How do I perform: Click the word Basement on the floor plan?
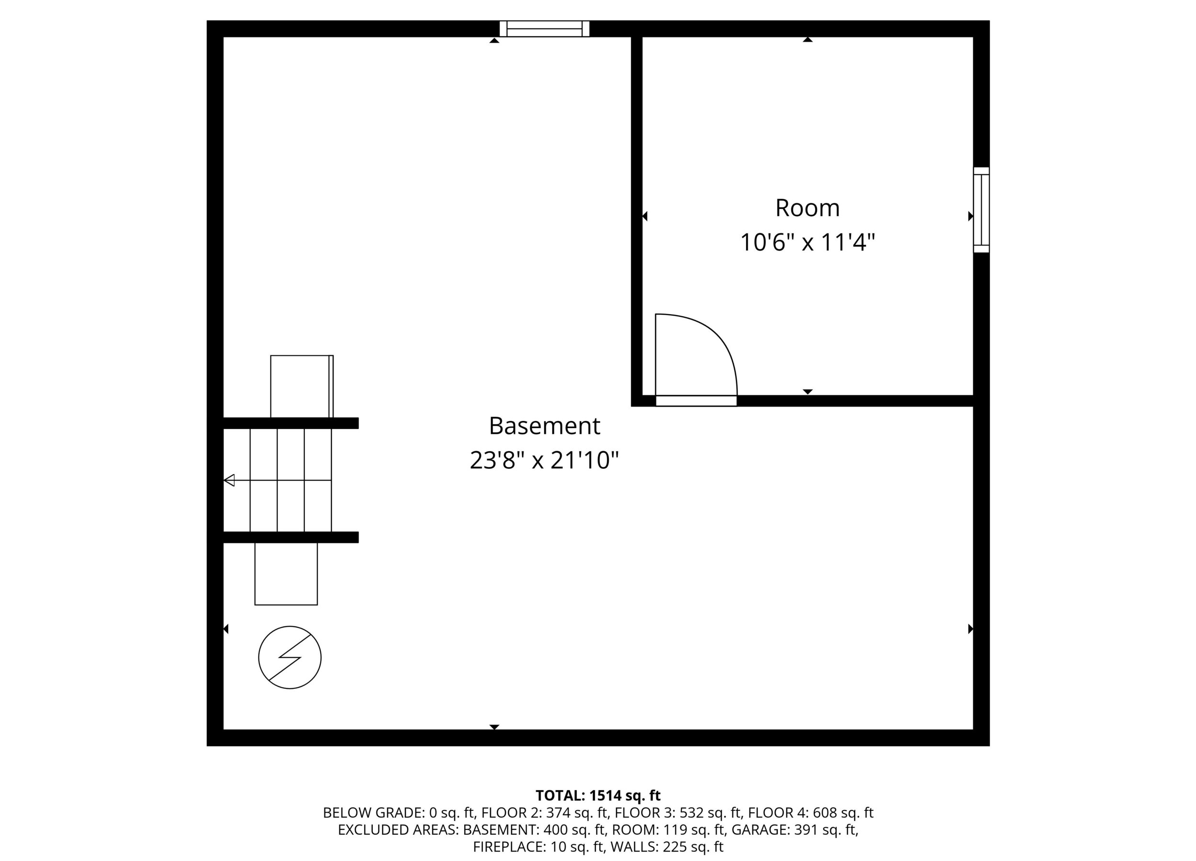tap(544, 426)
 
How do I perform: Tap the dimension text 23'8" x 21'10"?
tap(544, 461)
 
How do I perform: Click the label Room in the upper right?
tap(807, 208)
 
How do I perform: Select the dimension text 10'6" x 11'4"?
tap(807, 243)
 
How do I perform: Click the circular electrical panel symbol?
tap(290, 658)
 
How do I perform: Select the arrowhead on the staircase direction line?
tap(229, 480)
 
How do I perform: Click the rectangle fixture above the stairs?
tap(302, 386)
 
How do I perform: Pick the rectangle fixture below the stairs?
tap(286, 574)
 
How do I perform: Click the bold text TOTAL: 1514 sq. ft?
tap(598, 795)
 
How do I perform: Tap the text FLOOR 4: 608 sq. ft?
tap(811, 813)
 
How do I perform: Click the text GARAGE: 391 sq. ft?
tap(794, 830)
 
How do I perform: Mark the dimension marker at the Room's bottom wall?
tap(807, 391)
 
